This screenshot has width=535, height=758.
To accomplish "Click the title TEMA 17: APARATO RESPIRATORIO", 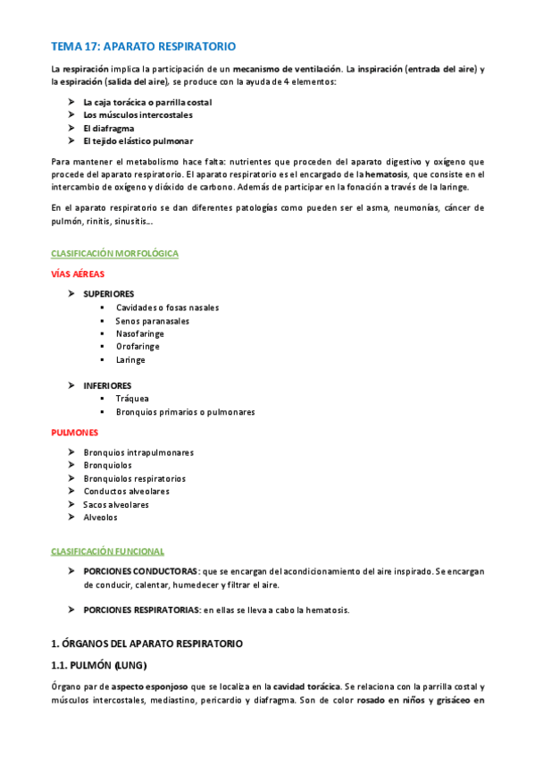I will click(143, 46).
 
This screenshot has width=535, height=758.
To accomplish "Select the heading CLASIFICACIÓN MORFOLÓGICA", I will click(114, 254).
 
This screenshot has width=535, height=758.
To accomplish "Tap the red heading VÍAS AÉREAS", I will click(78, 274).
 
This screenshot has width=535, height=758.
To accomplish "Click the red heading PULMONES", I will click(75, 433).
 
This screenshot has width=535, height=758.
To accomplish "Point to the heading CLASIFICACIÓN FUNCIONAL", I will click(107, 551).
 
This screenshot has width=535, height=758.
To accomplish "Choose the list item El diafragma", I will click(109, 128).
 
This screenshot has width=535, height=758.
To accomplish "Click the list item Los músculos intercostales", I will click(138, 115).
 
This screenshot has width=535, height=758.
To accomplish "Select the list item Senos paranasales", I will click(153, 321).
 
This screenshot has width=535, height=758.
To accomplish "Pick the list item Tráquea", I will click(132, 399).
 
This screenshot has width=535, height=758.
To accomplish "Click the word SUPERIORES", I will click(109, 294).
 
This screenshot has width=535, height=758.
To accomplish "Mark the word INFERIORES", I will click(107, 385).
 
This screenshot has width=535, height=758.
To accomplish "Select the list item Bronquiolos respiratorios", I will click(135, 478).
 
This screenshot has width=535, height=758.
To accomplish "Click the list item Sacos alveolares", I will click(116, 504).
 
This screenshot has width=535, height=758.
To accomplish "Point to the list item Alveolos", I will click(100, 518).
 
